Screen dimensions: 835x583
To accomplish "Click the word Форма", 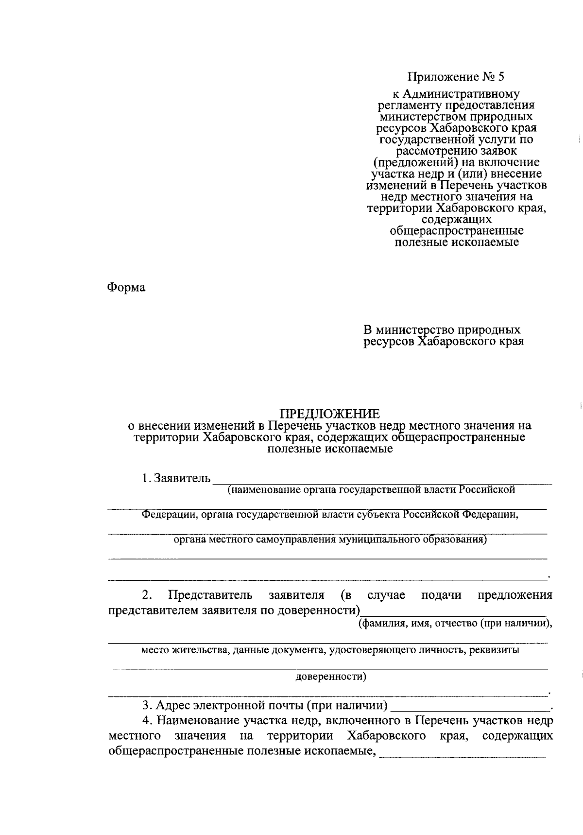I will click(126, 288).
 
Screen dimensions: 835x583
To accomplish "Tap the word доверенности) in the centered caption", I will click(331, 677).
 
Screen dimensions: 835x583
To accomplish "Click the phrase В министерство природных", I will click(442, 330).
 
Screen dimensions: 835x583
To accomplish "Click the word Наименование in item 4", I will click(192, 720).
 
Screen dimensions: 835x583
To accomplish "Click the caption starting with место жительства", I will click(330, 650).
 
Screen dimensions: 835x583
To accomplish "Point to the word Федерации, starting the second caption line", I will click(168, 515).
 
